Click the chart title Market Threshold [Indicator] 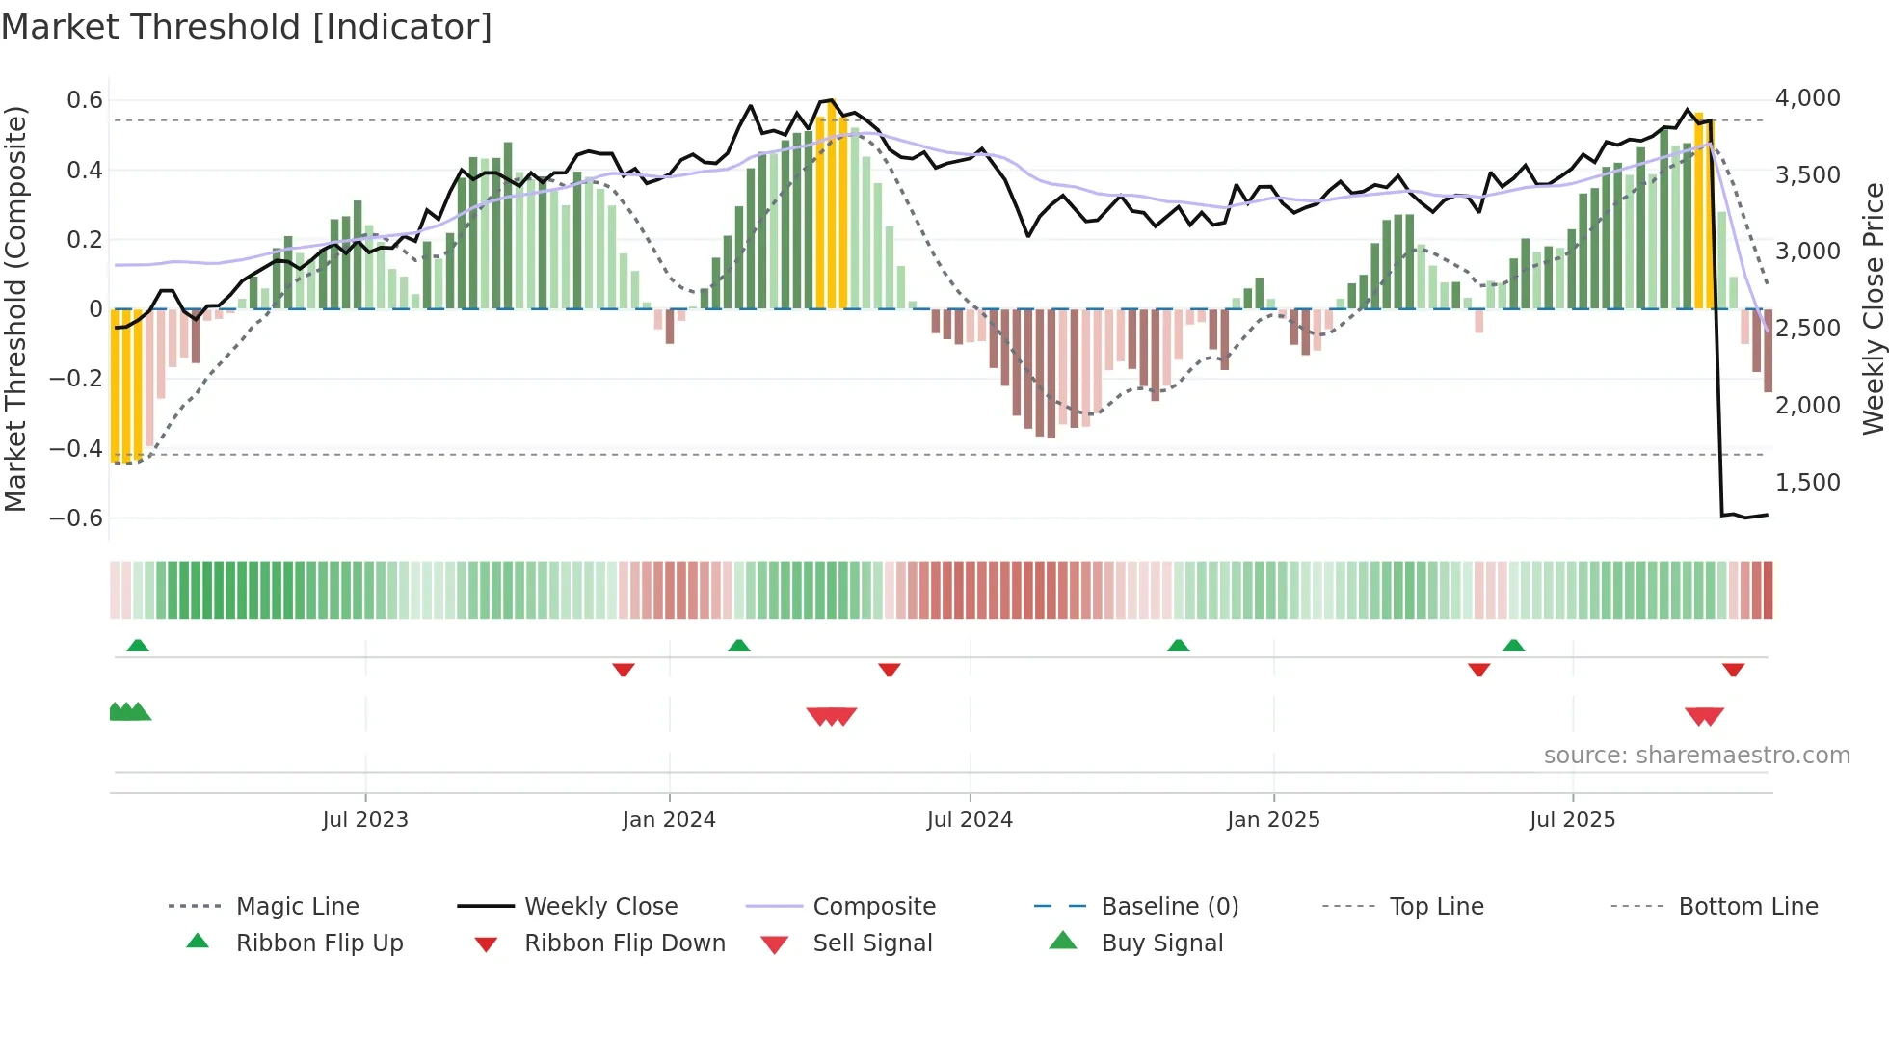point(247,27)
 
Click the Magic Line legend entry point(297,906)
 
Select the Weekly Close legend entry point(600,906)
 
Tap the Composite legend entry point(873,906)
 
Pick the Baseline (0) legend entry point(1169,906)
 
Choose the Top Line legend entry point(1436,906)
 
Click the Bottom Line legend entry point(1747,906)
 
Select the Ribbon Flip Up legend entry point(319,943)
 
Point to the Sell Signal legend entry point(871,943)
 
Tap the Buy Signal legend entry point(1161,943)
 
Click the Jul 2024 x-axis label point(970,819)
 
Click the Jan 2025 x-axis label point(1273,819)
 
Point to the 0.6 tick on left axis point(85,100)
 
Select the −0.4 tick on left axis point(76,448)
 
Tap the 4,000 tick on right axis point(1807,98)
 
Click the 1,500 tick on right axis point(1807,482)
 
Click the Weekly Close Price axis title point(1873,308)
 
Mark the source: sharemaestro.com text point(1696,755)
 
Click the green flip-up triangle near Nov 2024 point(1178,646)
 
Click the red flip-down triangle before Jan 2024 point(624,669)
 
